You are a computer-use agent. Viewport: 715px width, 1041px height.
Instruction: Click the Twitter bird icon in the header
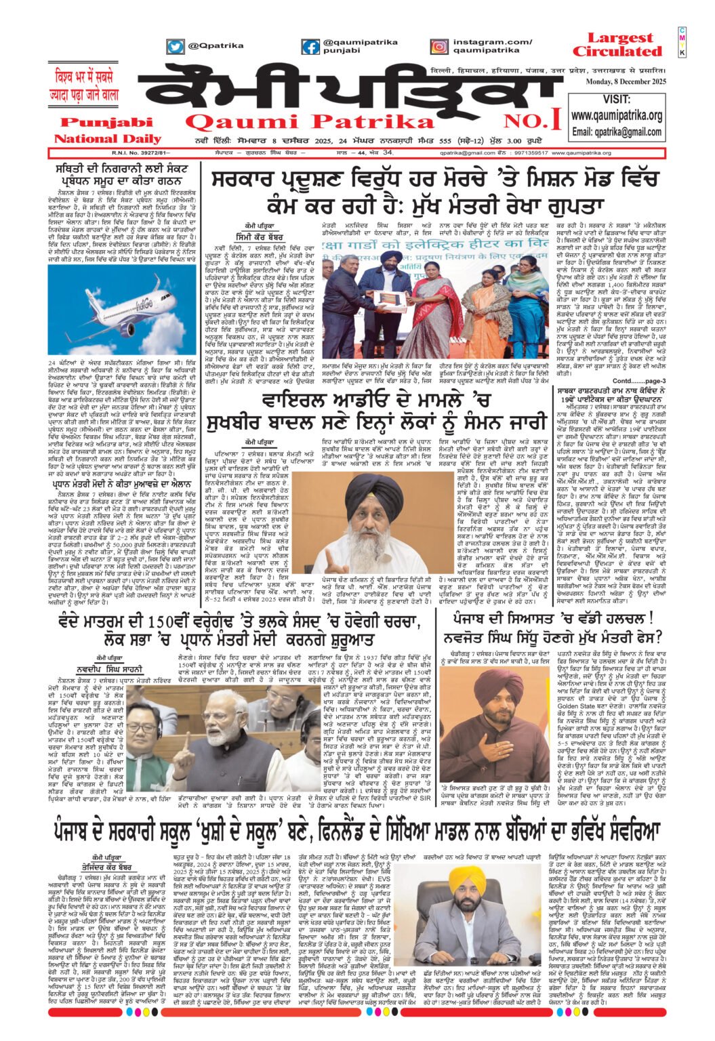175,47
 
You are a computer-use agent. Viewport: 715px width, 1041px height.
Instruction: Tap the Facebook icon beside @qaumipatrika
310,47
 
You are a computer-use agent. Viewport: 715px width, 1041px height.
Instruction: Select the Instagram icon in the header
439,47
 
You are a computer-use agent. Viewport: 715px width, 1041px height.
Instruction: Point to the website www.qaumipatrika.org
616,116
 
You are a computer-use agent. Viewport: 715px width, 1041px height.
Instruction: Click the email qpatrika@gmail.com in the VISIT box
616,131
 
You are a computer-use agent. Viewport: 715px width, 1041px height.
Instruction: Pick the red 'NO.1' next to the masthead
541,121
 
